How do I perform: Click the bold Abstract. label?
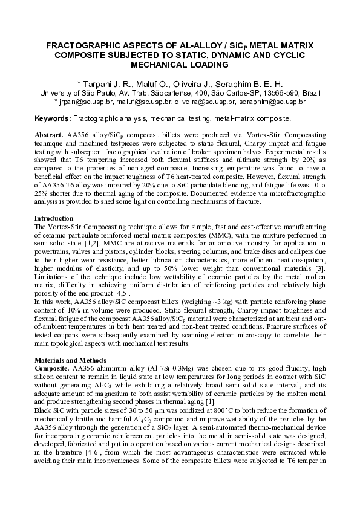pyautogui.click(x=51, y=131)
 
